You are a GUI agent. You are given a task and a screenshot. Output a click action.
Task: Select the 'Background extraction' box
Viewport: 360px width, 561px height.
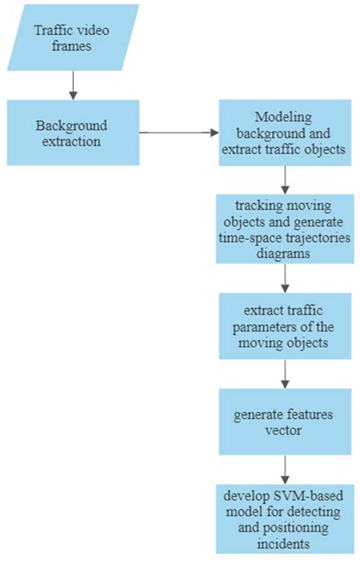tap(73, 132)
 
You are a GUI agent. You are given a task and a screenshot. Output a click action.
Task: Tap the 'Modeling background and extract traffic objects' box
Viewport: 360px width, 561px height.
tap(285, 132)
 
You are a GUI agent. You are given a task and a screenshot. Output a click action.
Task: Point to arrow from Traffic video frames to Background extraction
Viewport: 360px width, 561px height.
tap(73, 85)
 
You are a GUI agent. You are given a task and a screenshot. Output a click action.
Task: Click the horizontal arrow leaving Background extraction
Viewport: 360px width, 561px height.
tap(178, 132)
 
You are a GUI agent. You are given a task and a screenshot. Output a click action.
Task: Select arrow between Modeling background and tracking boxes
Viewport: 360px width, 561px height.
tap(285, 180)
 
